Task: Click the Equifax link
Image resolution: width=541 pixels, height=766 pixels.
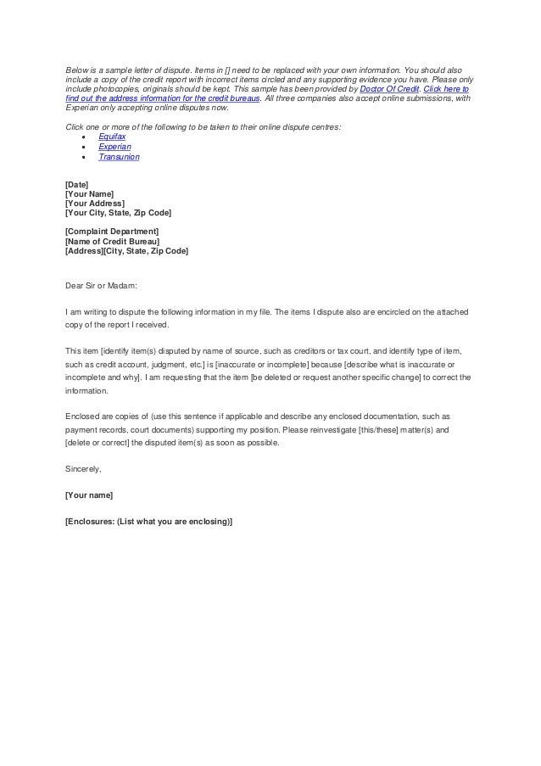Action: tap(112, 135)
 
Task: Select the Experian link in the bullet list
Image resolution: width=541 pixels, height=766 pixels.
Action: tap(114, 146)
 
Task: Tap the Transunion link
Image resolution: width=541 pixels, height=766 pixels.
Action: tap(119, 157)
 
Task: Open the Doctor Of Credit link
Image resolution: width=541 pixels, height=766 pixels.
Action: tap(392, 87)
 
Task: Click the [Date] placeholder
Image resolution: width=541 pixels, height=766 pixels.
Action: tap(76, 182)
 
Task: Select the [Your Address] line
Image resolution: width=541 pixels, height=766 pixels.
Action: tap(94, 203)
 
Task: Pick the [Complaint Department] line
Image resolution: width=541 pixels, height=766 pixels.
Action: tap(111, 231)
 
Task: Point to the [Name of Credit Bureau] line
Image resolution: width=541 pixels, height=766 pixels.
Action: tap(112, 241)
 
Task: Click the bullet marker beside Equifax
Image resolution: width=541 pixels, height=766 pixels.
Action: tap(83, 136)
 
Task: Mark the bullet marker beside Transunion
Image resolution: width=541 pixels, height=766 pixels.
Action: tap(83, 158)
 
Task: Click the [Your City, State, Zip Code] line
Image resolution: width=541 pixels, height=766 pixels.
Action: tap(118, 213)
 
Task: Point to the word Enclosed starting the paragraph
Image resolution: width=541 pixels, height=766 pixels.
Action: tap(82, 417)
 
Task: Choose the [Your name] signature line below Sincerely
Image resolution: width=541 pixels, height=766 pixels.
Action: tap(89, 495)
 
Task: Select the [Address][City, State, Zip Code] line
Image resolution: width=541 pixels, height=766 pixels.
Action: tap(126, 251)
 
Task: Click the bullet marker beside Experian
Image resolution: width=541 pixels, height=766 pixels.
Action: tap(83, 147)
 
